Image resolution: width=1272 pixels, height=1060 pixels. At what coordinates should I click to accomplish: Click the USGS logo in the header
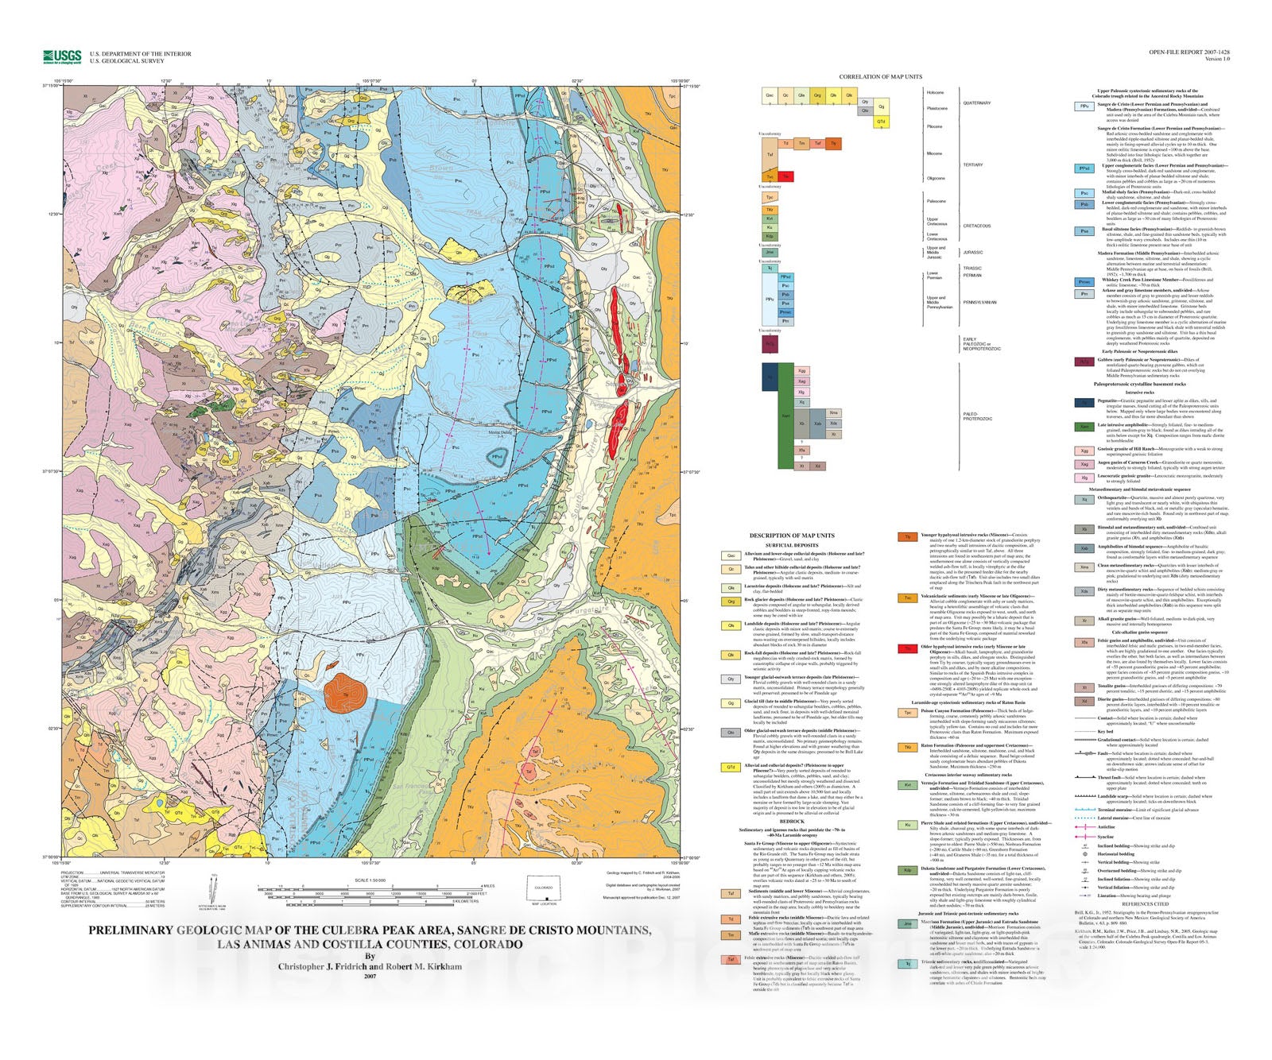point(62,56)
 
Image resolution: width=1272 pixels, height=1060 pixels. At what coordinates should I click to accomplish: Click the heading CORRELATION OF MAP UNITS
point(880,77)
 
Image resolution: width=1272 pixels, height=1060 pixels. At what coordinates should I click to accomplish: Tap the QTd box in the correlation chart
point(881,122)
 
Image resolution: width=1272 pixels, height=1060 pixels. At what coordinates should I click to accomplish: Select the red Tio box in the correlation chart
point(785,176)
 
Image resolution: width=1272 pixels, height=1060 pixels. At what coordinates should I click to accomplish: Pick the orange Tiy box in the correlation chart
point(833,144)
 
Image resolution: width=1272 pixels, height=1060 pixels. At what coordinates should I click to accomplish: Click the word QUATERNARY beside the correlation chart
point(976,103)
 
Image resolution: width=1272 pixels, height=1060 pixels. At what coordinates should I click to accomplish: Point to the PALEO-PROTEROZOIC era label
point(977,416)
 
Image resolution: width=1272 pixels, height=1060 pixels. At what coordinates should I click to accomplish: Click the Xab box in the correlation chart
point(817,424)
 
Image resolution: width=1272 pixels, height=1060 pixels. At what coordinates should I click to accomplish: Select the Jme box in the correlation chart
point(770,253)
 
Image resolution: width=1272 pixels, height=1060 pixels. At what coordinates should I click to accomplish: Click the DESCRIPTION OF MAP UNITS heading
point(791,536)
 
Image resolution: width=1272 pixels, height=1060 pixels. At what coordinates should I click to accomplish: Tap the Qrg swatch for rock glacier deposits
point(731,602)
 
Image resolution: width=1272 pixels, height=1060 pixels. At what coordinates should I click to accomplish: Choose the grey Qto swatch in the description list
point(731,733)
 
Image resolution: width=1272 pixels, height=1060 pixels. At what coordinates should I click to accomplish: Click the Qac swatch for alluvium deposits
point(731,556)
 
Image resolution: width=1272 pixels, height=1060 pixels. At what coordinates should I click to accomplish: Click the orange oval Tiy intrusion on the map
point(345,692)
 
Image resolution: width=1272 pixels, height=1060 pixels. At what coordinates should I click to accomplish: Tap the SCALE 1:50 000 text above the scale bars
point(370,880)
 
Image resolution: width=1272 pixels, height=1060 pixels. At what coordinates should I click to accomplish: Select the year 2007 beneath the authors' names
point(370,977)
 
